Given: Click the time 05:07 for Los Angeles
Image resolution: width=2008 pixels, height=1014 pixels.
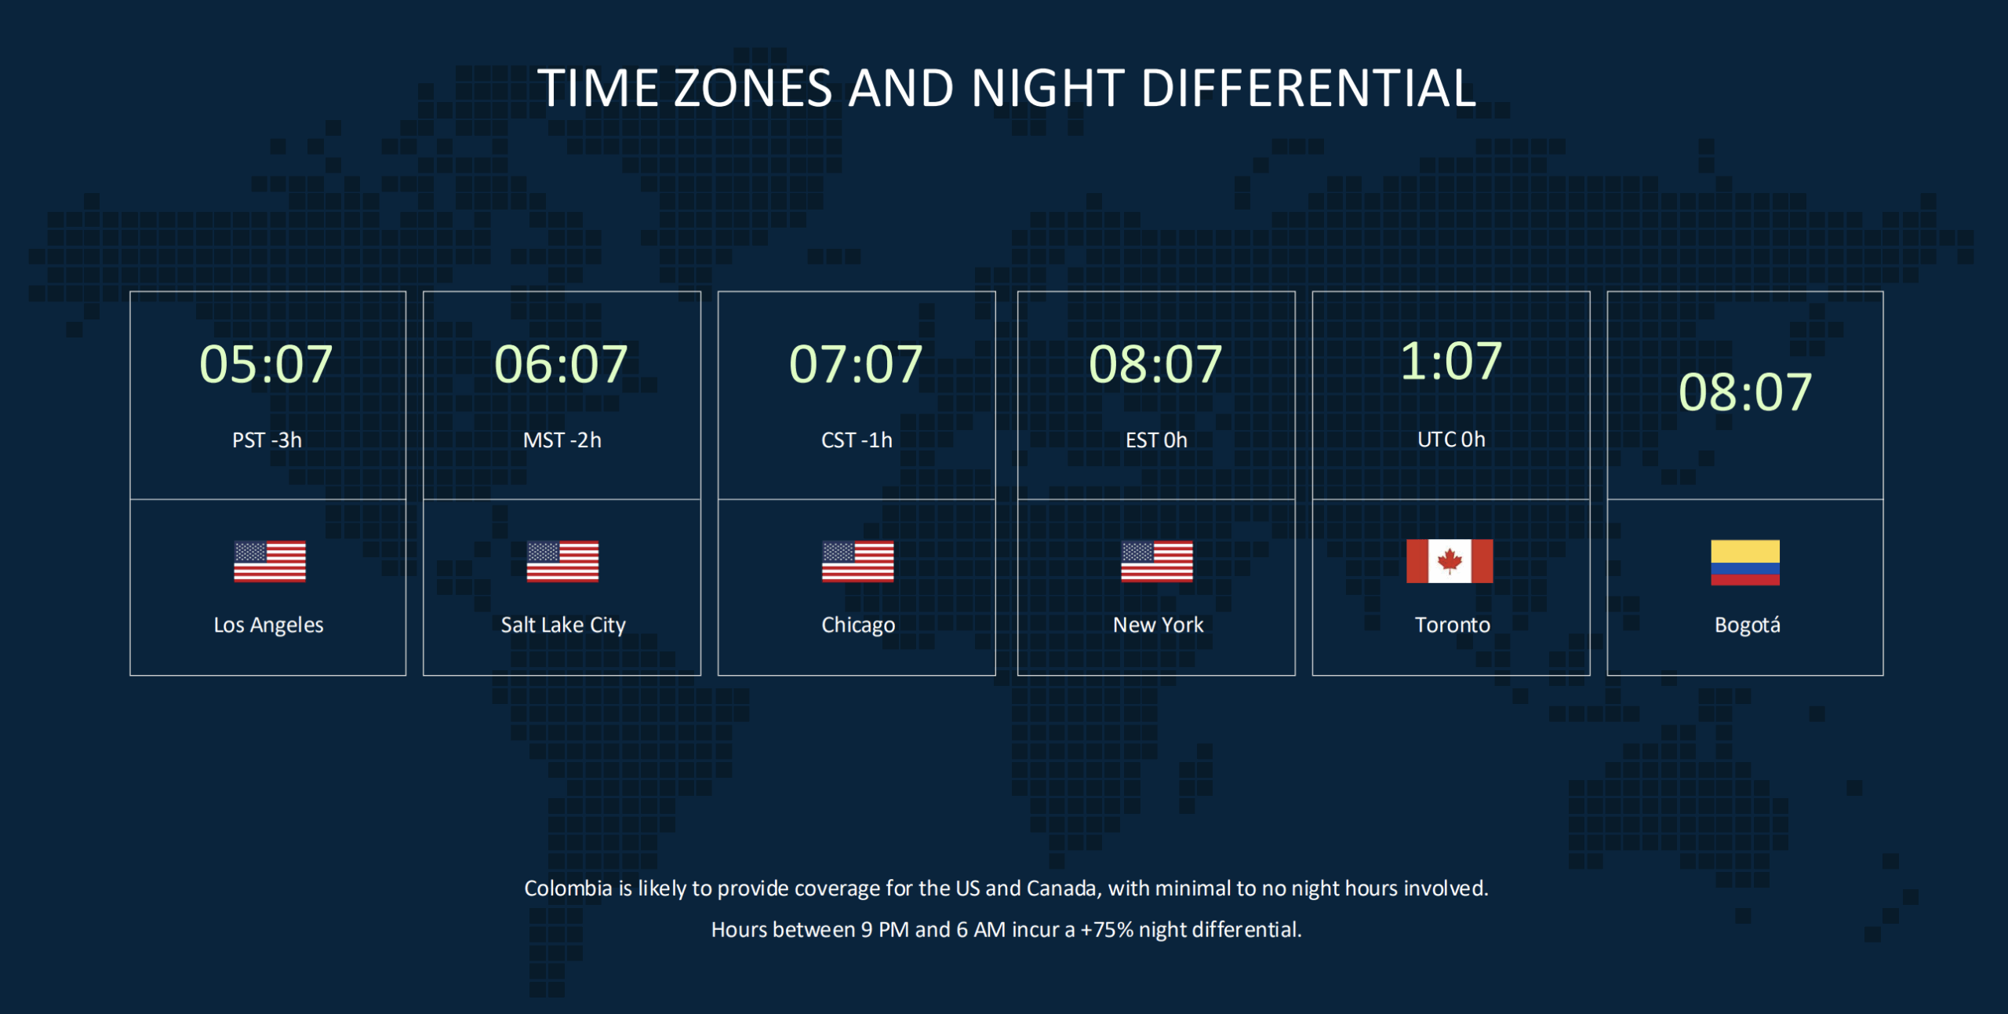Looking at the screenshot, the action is pyautogui.click(x=266, y=364).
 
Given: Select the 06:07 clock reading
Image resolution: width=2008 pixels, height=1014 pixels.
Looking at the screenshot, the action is pyautogui.click(x=561, y=364).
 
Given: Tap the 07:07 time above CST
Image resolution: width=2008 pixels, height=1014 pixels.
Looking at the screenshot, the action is pyautogui.click(x=856, y=364).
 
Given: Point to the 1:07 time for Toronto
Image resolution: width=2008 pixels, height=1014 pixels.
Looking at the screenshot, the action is pyautogui.click(x=1451, y=361).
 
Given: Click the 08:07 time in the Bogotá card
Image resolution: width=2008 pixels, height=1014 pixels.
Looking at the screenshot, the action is pyautogui.click(x=1745, y=392).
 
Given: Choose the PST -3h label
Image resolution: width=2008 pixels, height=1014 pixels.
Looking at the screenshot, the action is pyautogui.click(x=267, y=440).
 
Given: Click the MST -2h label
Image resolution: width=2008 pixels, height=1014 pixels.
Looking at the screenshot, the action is pyautogui.click(x=562, y=440).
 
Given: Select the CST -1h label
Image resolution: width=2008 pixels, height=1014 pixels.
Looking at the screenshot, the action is pyautogui.click(x=857, y=440).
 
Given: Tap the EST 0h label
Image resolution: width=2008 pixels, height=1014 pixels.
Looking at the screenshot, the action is pyautogui.click(x=1156, y=440).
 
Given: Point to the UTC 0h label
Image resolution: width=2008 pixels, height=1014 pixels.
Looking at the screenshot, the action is pyautogui.click(x=1451, y=440).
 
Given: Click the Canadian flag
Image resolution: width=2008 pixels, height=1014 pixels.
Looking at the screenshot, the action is pyautogui.click(x=1450, y=561).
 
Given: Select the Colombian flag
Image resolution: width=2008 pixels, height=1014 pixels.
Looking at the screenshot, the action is pyautogui.click(x=1745, y=563).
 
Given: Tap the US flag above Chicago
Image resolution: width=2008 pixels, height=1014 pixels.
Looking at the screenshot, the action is pyautogui.click(x=857, y=561).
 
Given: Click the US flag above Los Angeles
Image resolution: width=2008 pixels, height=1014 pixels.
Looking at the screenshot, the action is pyautogui.click(x=269, y=561).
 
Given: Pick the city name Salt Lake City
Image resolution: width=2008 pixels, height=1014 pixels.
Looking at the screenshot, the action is pyautogui.click(x=563, y=626).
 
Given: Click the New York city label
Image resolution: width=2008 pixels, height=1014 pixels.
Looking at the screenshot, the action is pyautogui.click(x=1158, y=625).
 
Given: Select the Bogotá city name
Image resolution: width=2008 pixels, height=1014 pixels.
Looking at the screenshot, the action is pyautogui.click(x=1747, y=626).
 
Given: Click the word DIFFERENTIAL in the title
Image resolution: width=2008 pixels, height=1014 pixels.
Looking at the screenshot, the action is pyautogui.click(x=1308, y=87).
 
